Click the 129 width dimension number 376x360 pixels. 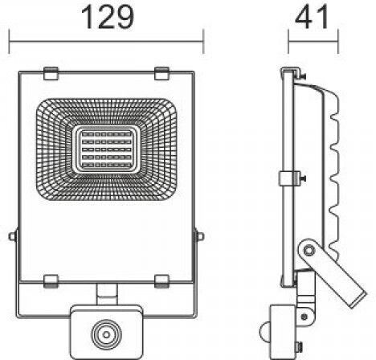108,18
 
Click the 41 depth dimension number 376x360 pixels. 312,18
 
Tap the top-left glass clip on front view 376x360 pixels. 51,74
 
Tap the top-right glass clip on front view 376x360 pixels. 161,74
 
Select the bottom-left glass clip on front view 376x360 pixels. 51,281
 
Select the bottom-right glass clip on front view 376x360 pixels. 161,281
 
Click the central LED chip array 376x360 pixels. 106,149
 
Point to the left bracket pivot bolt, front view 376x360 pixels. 13,236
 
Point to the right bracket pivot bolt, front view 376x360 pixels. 200,236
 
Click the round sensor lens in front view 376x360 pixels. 106,335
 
